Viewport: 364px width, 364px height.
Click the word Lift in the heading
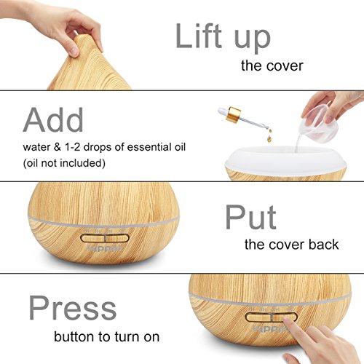[199, 36]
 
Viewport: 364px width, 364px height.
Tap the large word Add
[53, 120]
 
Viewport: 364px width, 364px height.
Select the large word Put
[250, 217]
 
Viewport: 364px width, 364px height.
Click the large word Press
[73, 308]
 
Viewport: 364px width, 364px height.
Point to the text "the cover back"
[291, 244]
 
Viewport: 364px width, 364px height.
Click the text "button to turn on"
[106, 336]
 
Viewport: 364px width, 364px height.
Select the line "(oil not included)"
[64, 163]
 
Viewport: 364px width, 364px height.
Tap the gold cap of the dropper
[233, 114]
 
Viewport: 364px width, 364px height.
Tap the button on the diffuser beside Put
[104, 238]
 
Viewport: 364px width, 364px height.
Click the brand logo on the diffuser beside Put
[105, 248]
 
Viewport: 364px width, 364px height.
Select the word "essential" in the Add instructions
[144, 147]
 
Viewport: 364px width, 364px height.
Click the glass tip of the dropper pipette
[266, 127]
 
